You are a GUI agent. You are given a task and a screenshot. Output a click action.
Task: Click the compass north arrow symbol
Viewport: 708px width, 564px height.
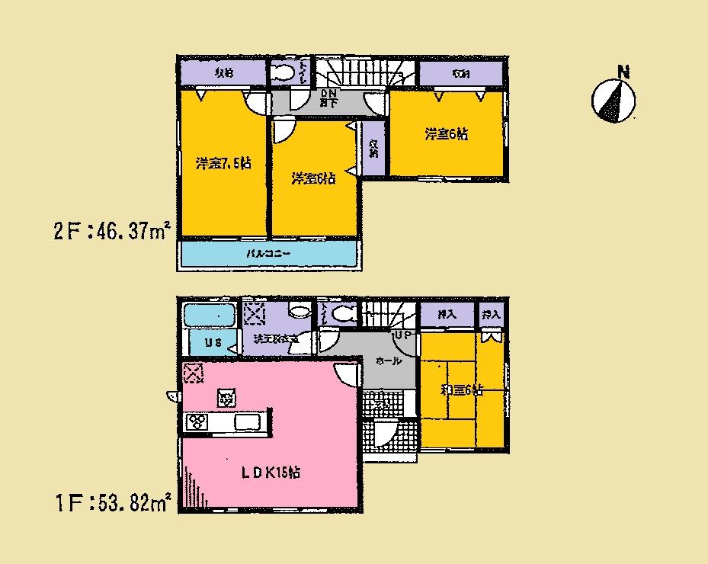[x=613, y=101]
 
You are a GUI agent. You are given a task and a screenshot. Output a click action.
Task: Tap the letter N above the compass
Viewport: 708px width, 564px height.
[x=623, y=73]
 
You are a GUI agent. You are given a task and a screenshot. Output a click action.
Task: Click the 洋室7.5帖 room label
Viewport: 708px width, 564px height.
[x=223, y=163]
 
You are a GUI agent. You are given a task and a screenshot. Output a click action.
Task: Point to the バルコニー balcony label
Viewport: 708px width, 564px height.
[x=267, y=252]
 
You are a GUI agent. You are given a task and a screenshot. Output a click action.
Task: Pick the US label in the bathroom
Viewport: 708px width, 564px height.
[x=213, y=343]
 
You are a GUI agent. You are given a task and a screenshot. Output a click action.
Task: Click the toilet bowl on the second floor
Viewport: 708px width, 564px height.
[x=284, y=73]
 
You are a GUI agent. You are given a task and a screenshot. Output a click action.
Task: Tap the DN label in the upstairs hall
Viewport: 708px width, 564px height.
[x=329, y=92]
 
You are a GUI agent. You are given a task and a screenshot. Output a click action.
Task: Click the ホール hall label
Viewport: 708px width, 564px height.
[x=389, y=363]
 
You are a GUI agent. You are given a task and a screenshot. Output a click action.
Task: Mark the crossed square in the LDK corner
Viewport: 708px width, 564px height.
[x=194, y=373]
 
